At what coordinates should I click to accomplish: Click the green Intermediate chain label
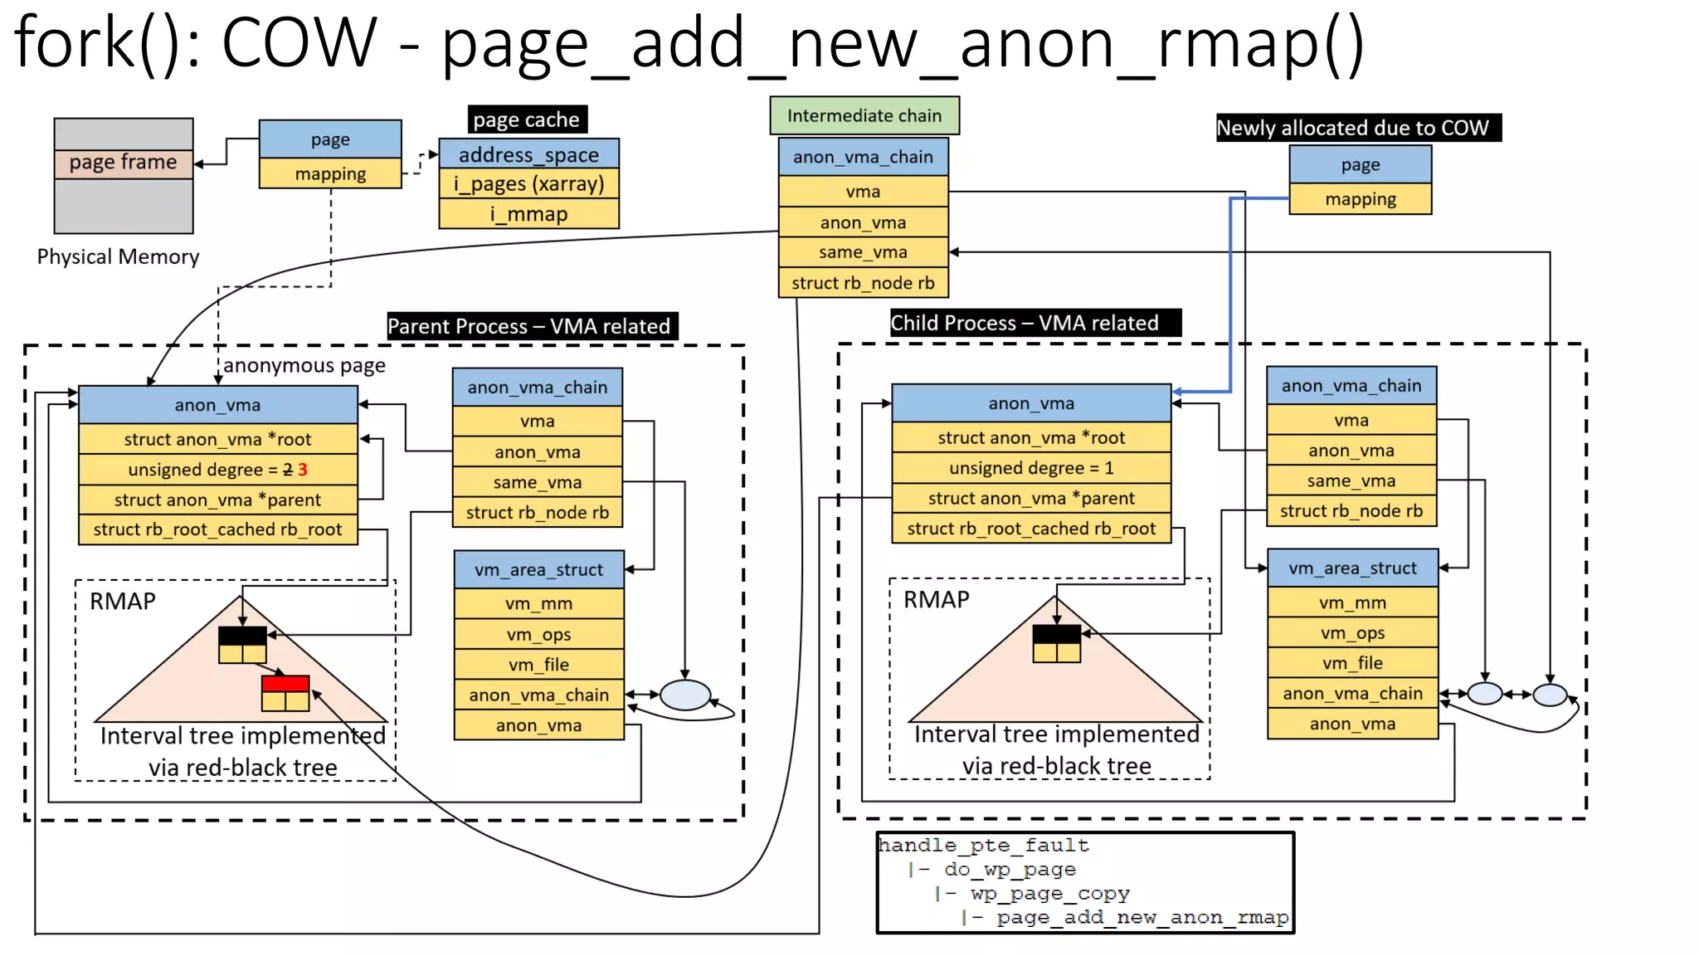[864, 115]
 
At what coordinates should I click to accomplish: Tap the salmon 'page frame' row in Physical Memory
[123, 163]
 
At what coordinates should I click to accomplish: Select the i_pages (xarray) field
[528, 183]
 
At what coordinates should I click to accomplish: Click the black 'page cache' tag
[526, 119]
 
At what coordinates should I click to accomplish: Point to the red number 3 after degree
[303, 470]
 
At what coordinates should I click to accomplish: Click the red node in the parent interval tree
[285, 684]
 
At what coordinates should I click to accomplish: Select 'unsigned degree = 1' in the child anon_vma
[1030, 468]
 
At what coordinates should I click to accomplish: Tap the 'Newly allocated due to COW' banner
[1357, 128]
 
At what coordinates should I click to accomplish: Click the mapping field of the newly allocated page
[1360, 199]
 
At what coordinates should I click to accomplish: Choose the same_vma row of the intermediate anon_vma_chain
[863, 252]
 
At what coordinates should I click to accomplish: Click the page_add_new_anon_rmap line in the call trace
[1142, 917]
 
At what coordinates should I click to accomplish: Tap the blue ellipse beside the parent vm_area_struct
[684, 695]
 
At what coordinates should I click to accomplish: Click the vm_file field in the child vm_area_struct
[1351, 663]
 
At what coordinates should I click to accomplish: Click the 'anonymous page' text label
[304, 366]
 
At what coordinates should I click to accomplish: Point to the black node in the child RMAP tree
[1056, 634]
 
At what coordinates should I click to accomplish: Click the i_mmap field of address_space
[528, 214]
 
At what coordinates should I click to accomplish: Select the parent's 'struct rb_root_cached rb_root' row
[217, 529]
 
